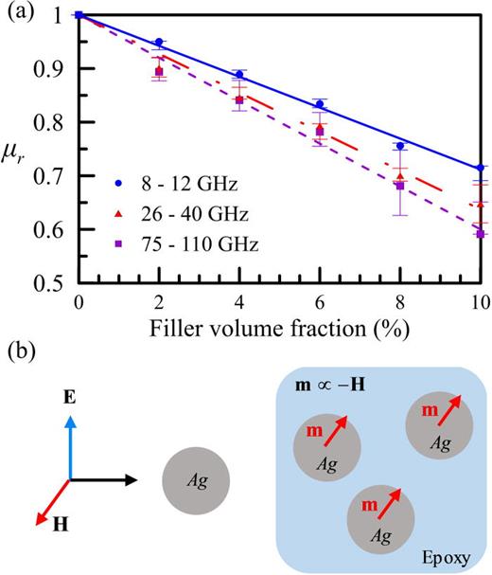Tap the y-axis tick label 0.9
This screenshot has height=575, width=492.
coord(54,69)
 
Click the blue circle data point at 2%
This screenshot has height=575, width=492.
coord(159,43)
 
